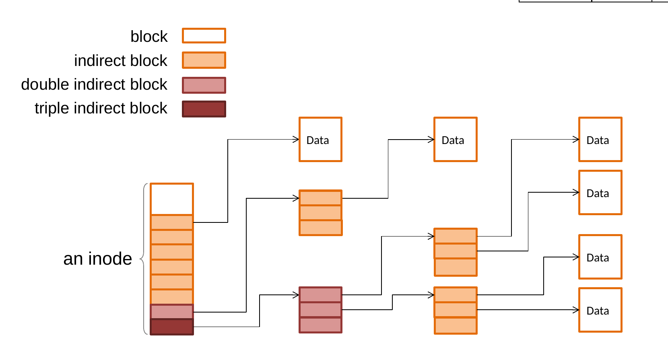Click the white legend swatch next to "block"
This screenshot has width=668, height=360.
pos(204,36)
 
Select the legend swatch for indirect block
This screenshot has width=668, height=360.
pos(204,60)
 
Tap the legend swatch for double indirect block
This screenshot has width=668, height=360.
pos(204,85)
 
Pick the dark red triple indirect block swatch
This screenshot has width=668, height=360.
pos(204,109)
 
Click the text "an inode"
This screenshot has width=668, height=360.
pos(97,258)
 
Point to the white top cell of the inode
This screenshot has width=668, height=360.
pos(172,199)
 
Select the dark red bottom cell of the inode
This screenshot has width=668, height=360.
pos(172,327)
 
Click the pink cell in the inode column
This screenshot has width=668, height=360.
pos(172,312)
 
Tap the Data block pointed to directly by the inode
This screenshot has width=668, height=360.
pos(321,140)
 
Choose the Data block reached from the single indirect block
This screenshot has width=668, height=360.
pos(456,140)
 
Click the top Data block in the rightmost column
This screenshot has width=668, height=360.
pos(600,140)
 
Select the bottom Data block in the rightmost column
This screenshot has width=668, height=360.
pos(600,310)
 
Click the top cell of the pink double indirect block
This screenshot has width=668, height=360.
pos(321,294)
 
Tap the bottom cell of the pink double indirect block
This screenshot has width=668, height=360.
pos(321,325)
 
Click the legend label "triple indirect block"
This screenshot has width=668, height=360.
pos(101,108)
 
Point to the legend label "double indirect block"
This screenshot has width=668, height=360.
pos(94,84)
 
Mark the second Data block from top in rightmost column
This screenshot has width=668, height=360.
pos(600,193)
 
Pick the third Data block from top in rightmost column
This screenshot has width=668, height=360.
pos(600,257)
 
